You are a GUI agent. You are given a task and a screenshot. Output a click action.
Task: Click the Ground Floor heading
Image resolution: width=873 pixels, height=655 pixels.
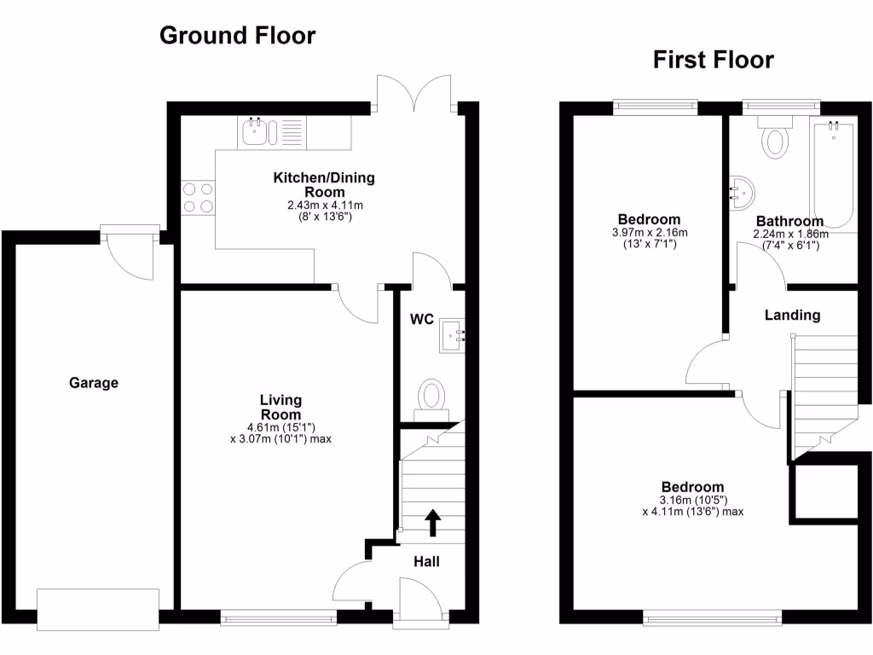pyautogui.click(x=238, y=36)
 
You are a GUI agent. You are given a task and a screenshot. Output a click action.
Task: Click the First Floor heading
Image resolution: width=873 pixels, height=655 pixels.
pyautogui.click(x=713, y=60)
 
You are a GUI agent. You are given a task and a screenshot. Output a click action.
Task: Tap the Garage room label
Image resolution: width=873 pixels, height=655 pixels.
pyautogui.click(x=94, y=383)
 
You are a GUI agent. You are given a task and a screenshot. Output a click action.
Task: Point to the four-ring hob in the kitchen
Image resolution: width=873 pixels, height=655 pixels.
pyautogui.click(x=197, y=198)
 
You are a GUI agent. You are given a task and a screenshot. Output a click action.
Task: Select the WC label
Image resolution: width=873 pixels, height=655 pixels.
pyautogui.click(x=422, y=320)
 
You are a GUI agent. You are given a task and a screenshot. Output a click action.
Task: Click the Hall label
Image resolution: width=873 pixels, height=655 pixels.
pyautogui.click(x=426, y=561)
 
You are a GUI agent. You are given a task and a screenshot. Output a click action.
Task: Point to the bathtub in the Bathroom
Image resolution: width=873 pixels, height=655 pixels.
pyautogui.click(x=833, y=174)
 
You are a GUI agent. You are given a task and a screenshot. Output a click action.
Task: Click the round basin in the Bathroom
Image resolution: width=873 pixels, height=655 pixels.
pyautogui.click(x=741, y=193)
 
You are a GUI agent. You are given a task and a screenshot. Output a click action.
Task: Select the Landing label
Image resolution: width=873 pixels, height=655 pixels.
pyautogui.click(x=792, y=315)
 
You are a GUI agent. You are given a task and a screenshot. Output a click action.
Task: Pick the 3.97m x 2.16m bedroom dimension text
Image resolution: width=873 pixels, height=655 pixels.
pyautogui.click(x=650, y=232)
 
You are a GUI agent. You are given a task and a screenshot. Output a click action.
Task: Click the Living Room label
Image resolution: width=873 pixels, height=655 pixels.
pyautogui.click(x=281, y=406)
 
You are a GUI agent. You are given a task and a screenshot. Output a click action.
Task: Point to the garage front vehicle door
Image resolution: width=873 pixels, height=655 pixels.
pyautogui.click(x=98, y=609)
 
